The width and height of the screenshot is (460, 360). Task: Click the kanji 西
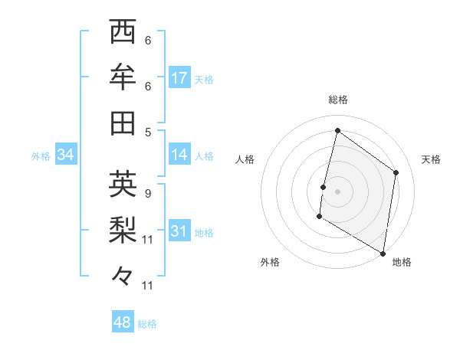pyautogui.click(x=123, y=33)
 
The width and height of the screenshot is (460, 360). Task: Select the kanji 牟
pyautogui.click(x=123, y=78)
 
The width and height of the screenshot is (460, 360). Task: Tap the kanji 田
pyautogui.click(x=123, y=122)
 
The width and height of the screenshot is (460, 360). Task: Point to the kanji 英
pyautogui.click(x=123, y=184)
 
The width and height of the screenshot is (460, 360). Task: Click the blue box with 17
pyautogui.click(x=179, y=78)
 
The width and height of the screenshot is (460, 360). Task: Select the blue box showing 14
pyautogui.click(x=179, y=155)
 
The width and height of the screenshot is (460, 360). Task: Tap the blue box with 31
pyautogui.click(x=179, y=231)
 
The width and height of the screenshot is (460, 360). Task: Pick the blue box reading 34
pyautogui.click(x=66, y=155)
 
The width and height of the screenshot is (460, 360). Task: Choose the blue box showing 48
pyautogui.click(x=123, y=322)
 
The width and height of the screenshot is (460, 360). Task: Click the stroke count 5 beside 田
pyautogui.click(x=147, y=131)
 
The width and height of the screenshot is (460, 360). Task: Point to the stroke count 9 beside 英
pyautogui.click(x=147, y=193)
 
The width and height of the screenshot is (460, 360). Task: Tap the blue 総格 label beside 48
pyautogui.click(x=147, y=324)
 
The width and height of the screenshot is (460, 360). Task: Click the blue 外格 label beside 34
pyautogui.click(x=41, y=156)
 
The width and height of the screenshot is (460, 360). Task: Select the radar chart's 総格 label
pyautogui.click(x=337, y=100)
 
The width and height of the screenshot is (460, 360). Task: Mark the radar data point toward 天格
pyautogui.click(x=396, y=172)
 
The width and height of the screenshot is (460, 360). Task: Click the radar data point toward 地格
pyautogui.click(x=383, y=252)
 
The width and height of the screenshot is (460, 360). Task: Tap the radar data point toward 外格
pyautogui.click(x=319, y=217)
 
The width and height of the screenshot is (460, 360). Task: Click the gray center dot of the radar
pyautogui.click(x=337, y=191)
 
